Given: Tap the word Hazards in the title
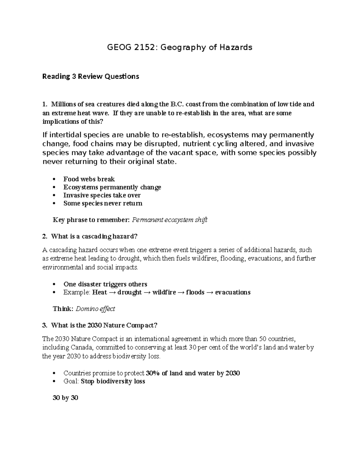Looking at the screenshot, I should pyautogui.click(x=236, y=47).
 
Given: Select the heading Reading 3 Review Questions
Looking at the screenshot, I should pyautogui.click(x=91, y=77).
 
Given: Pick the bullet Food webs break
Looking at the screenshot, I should pyautogui.click(x=89, y=179).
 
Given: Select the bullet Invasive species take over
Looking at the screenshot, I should pyautogui.click(x=102, y=195).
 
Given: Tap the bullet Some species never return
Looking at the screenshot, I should pyautogui.click(x=103, y=203).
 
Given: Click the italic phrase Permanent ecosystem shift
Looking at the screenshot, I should pyautogui.click(x=169, y=220).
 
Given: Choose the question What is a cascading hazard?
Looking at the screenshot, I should pyautogui.click(x=94, y=236).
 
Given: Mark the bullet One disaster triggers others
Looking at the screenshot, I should pyautogui.click(x=105, y=284).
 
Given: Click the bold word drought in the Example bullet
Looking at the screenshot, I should pyautogui.click(x=130, y=292).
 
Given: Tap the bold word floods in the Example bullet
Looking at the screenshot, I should pyautogui.click(x=195, y=292).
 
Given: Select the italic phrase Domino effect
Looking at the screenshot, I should pyautogui.click(x=95, y=309).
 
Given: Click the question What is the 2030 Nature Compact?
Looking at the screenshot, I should pyautogui.click(x=104, y=325).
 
